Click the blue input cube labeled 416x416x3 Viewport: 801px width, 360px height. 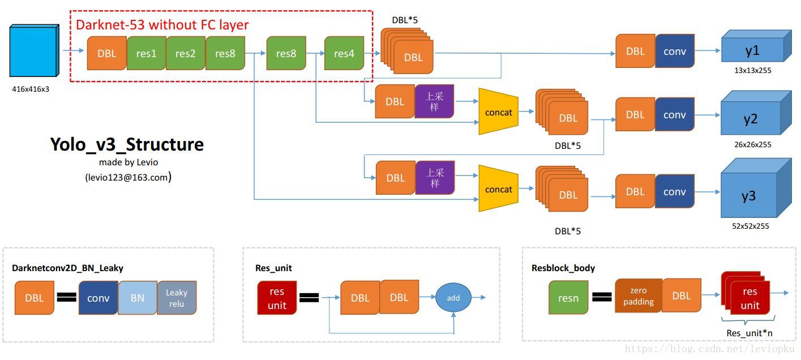click(x=34, y=51)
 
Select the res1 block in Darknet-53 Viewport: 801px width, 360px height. click(x=146, y=53)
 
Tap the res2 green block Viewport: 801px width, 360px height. click(x=186, y=53)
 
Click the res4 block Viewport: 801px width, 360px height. click(x=344, y=53)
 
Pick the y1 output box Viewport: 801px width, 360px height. click(x=752, y=50)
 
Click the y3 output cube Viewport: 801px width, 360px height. click(x=749, y=196)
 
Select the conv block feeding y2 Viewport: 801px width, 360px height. click(x=675, y=114)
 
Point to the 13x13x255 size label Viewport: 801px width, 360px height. click(x=752, y=71)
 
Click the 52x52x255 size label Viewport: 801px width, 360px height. click(x=751, y=226)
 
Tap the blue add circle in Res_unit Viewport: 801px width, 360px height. click(x=453, y=298)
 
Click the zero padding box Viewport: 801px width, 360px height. click(x=638, y=296)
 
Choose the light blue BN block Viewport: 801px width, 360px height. click(x=138, y=298)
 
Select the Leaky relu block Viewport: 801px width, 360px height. click(x=177, y=298)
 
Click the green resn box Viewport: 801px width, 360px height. click(x=568, y=298)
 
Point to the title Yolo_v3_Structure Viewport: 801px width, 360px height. click(x=127, y=144)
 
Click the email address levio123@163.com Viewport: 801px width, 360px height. click(x=128, y=177)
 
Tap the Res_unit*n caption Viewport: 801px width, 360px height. click(x=749, y=333)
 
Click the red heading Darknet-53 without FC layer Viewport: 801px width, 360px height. click(x=162, y=24)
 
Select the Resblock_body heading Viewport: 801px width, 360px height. click(x=563, y=268)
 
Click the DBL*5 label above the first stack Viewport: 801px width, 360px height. click(x=405, y=20)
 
